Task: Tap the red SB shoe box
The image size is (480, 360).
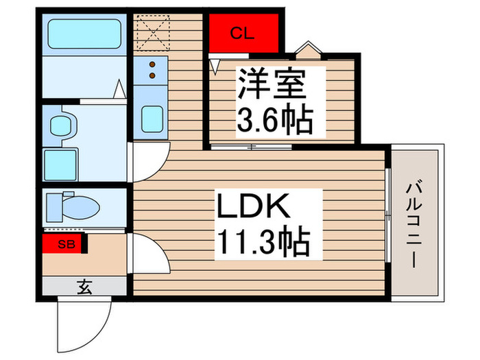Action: pyautogui.click(x=62, y=243)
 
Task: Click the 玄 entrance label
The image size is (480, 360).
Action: pyautogui.click(x=84, y=287)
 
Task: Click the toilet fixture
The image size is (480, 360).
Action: pyautogui.click(x=72, y=204)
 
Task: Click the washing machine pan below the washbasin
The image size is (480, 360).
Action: pyautogui.click(x=61, y=164)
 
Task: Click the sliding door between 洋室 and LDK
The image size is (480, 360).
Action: pyautogui.click(x=253, y=146)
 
